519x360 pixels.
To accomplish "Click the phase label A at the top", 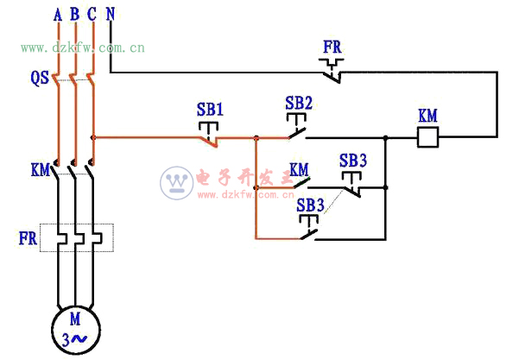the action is click(x=58, y=15).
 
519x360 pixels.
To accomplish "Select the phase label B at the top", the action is click(x=75, y=15).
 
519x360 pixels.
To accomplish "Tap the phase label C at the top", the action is click(x=92, y=15).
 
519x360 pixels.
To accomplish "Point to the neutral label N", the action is click(x=111, y=15).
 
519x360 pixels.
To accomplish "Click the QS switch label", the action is click(x=40, y=79).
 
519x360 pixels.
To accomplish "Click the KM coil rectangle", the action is click(x=428, y=137).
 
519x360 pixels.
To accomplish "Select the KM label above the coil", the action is click(x=427, y=116).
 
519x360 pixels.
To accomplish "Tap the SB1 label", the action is click(x=210, y=109).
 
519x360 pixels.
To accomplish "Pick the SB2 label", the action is click(x=299, y=103).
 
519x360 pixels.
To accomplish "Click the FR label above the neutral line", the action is click(x=332, y=47).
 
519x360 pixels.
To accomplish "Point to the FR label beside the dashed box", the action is click(x=28, y=238).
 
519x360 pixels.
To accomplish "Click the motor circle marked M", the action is click(x=76, y=330).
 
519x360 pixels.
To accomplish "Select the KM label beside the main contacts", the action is click(x=40, y=170).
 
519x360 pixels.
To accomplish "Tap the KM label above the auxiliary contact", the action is click(x=299, y=170).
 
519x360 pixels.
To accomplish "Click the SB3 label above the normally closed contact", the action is click(x=353, y=161).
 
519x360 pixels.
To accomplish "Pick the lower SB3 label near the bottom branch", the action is click(x=310, y=205).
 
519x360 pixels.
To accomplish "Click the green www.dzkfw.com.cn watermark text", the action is click(x=83, y=48).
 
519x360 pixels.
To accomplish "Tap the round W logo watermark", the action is click(x=177, y=183).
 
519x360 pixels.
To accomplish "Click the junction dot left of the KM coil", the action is click(x=386, y=137).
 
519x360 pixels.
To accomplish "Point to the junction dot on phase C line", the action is click(x=93, y=137).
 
